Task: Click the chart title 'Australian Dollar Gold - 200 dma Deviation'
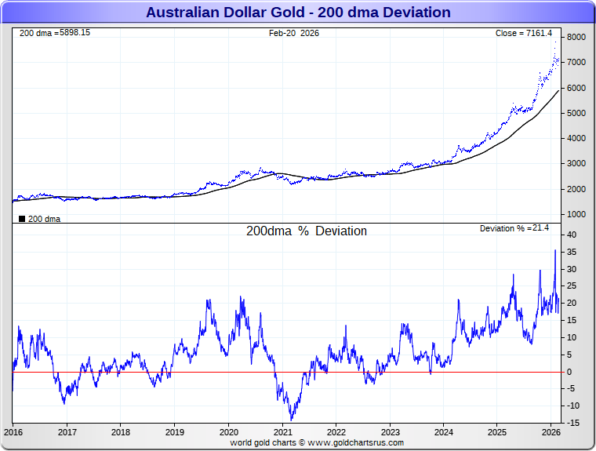tap(298, 12)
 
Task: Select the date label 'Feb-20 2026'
tap(293, 33)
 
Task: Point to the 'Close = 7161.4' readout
tap(524, 33)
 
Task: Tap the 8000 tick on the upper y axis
tap(576, 37)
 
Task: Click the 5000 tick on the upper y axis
tap(576, 113)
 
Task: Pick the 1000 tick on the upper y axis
tap(576, 214)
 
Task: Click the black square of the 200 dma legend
tap(21, 219)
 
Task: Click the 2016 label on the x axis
tap(13, 432)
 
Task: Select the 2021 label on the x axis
tap(282, 432)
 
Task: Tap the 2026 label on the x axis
tap(551, 432)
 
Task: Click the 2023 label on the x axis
tap(390, 432)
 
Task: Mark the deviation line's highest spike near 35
tap(555, 251)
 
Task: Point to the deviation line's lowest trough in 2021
tap(291, 420)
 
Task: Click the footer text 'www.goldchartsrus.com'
tap(358, 442)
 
